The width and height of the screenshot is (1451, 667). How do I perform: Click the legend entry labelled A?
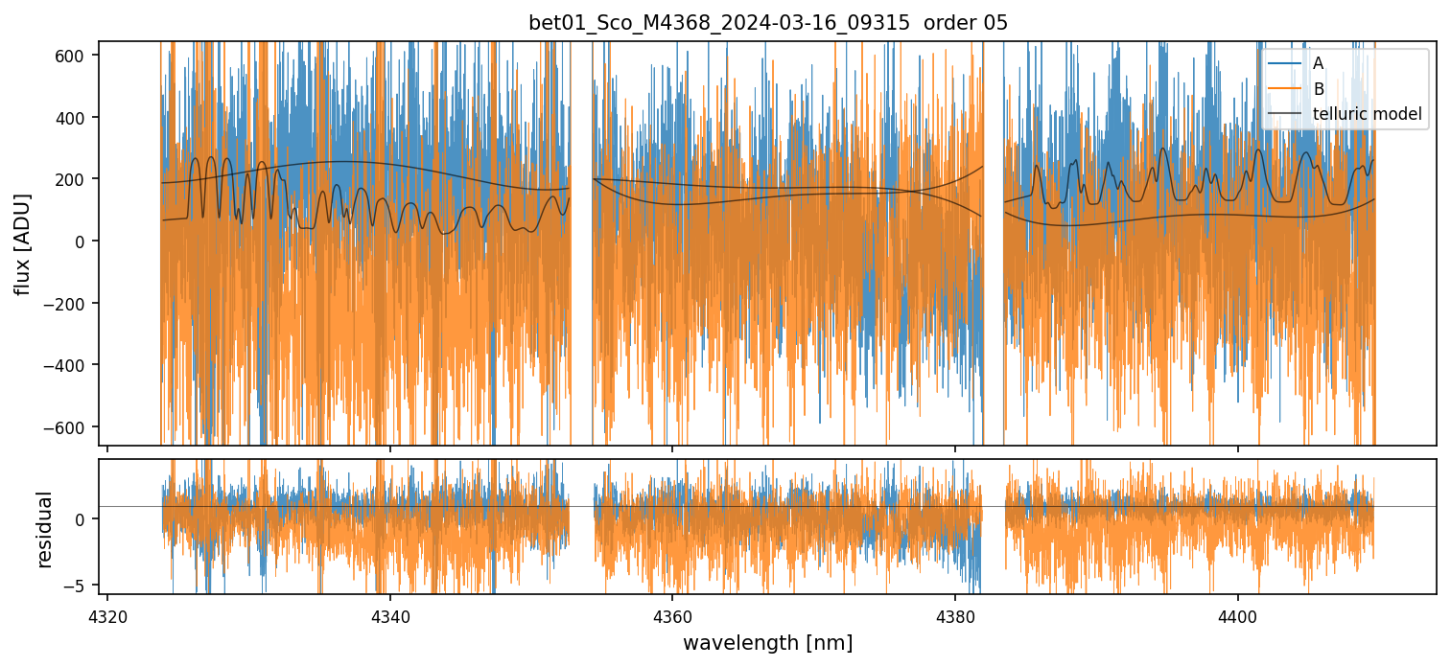point(1318,63)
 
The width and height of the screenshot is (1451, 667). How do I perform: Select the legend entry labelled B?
point(1318,89)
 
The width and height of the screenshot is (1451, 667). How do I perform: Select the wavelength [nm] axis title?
point(767,642)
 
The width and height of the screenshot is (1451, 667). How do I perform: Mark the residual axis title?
point(44,528)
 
